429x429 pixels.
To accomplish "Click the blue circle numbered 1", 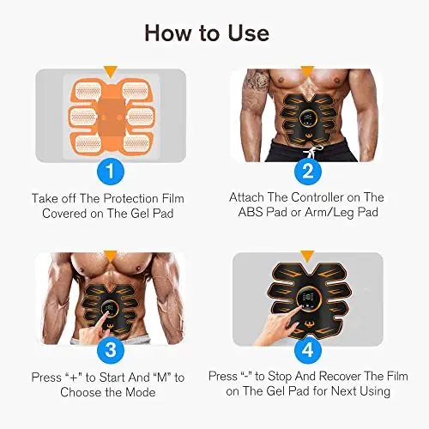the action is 111,172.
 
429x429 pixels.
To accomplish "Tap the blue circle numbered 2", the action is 308,172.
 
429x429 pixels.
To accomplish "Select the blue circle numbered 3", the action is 111,350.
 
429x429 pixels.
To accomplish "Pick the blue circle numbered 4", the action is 308,350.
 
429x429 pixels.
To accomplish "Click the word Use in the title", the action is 249,33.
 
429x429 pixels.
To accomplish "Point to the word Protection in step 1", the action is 130,198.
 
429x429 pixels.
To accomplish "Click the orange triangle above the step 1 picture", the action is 111,72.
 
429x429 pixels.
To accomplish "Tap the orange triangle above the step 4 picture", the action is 308,257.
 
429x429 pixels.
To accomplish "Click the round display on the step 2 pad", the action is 308,118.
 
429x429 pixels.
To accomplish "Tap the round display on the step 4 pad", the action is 308,299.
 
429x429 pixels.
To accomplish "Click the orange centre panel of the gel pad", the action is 111,118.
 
